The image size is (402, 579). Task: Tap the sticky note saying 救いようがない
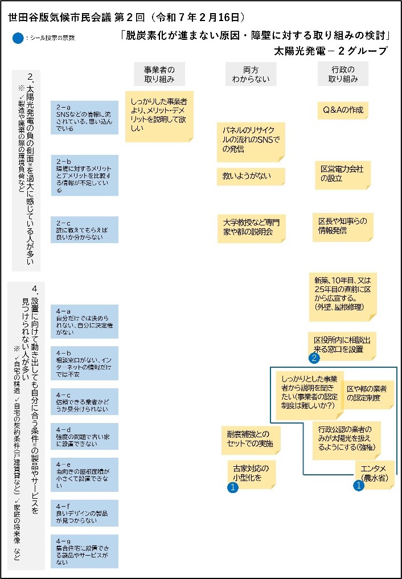tap(251, 176)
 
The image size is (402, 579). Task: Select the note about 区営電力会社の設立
tap(343, 174)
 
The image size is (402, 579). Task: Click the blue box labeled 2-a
tap(84, 117)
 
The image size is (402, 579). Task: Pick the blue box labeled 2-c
tap(84, 229)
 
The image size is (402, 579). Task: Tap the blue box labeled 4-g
tap(84, 551)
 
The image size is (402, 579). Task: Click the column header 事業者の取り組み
tap(159, 74)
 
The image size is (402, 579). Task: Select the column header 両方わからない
tap(251, 74)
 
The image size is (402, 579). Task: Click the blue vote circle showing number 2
tap(313, 358)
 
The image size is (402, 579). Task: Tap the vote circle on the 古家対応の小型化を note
tap(232, 487)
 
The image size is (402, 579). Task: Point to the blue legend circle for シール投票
tap(18, 38)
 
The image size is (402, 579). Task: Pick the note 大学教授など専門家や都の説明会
tap(251, 227)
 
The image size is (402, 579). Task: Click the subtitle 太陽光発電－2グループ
tap(330, 51)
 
